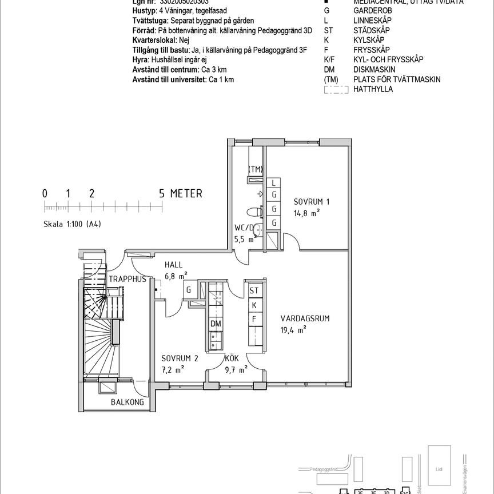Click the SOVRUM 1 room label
click(x=312, y=202)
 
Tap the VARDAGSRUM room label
click(x=305, y=318)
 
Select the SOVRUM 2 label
click(x=179, y=358)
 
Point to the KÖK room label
click(x=232, y=358)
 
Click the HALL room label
click(x=173, y=265)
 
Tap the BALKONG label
click(x=128, y=402)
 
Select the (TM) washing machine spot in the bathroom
click(x=255, y=169)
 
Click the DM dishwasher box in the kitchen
click(x=216, y=324)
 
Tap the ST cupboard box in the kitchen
click(x=254, y=290)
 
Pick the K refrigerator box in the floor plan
click(x=254, y=305)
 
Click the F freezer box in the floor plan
click(x=254, y=319)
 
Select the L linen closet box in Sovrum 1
click(x=274, y=183)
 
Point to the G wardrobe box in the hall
click(x=188, y=290)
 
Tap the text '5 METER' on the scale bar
click(x=181, y=194)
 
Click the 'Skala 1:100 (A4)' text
click(x=72, y=224)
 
